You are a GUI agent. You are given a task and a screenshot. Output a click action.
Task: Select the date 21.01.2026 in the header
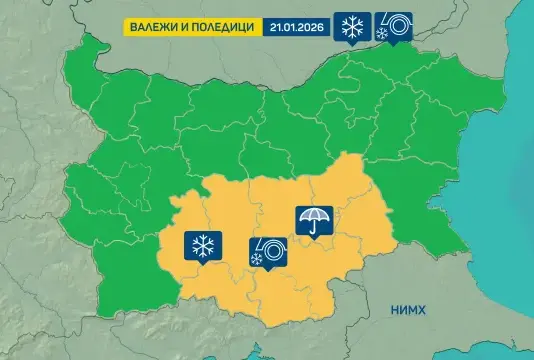click(298, 26)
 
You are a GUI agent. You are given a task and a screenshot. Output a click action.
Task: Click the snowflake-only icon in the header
click(353, 27)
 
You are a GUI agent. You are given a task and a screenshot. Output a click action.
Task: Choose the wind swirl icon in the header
click(391, 27)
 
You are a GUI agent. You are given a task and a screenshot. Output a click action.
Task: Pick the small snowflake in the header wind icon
click(381, 35)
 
